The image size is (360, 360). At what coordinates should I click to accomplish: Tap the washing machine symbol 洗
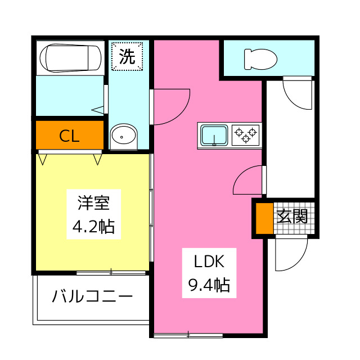(128, 56)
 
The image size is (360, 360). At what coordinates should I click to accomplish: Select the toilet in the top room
(260, 58)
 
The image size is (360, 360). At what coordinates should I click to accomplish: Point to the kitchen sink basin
(214, 135)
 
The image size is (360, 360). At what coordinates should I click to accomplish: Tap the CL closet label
(69, 136)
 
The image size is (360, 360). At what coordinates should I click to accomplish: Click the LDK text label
(209, 262)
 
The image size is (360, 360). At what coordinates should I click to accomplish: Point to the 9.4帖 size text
(209, 286)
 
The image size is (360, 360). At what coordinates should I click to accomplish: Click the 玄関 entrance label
(292, 217)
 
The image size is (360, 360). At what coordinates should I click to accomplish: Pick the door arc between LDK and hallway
(247, 180)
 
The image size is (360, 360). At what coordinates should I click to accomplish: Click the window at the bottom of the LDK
(188, 335)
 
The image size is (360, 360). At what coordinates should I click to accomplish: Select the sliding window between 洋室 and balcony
(111, 273)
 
